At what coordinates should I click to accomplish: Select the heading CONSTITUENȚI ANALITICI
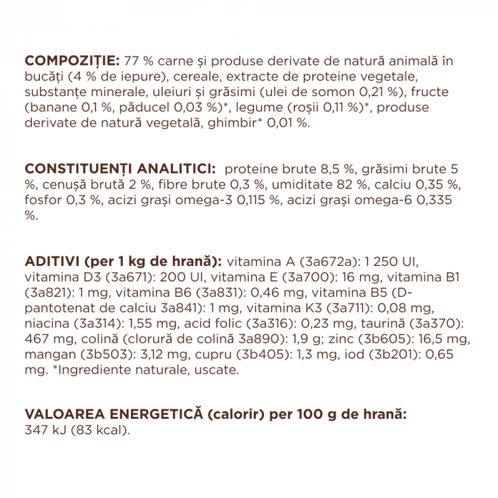120,169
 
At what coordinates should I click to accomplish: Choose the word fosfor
45,200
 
